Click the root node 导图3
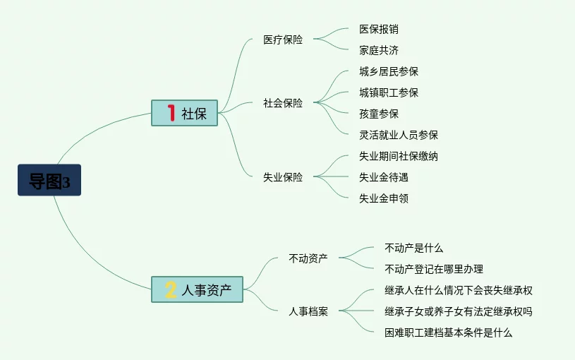(49, 181)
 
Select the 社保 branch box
(185, 113)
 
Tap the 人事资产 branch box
(198, 289)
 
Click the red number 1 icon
(170, 113)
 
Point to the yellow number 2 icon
(170, 289)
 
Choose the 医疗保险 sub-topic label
(283, 40)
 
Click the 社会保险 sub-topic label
(283, 103)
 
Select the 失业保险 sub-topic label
(283, 177)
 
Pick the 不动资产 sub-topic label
(308, 258)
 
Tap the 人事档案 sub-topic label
(308, 311)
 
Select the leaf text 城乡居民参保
(389, 71)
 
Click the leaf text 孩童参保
(379, 114)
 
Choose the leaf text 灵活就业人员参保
(399, 135)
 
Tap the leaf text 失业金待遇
(384, 177)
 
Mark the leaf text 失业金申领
(384, 198)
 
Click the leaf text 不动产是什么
(414, 248)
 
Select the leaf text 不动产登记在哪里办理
(434, 269)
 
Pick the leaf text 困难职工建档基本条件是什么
(449, 332)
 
